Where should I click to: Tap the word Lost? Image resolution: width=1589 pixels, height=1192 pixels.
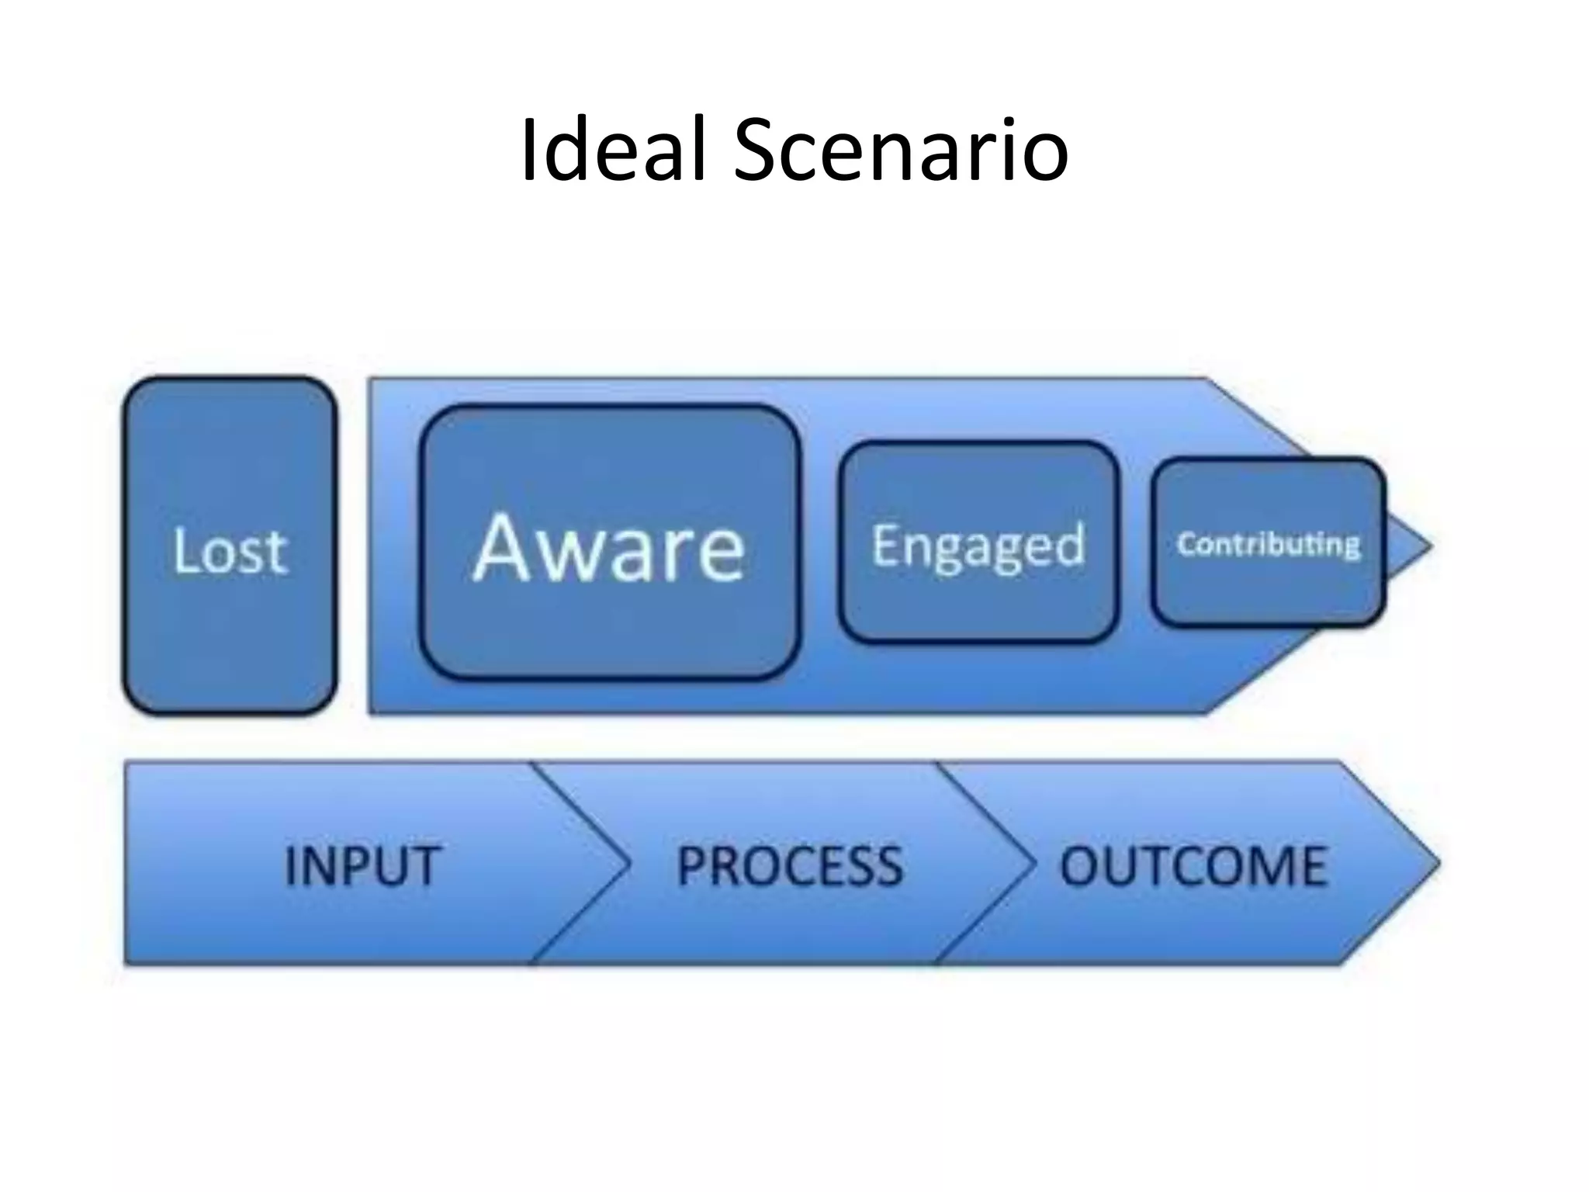point(230,551)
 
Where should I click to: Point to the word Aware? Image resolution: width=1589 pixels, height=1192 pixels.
point(609,548)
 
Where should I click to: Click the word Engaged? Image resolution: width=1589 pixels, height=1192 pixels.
point(978,546)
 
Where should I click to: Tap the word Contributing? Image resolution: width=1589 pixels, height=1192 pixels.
point(1269,544)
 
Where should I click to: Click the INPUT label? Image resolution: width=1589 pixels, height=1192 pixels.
point(362,865)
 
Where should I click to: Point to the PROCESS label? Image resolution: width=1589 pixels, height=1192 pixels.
point(790,865)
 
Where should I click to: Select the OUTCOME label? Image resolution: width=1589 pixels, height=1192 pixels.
point(1193,865)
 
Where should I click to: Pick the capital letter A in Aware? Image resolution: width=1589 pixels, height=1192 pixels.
point(504,548)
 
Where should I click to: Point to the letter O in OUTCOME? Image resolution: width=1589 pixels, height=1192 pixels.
point(1084,865)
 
